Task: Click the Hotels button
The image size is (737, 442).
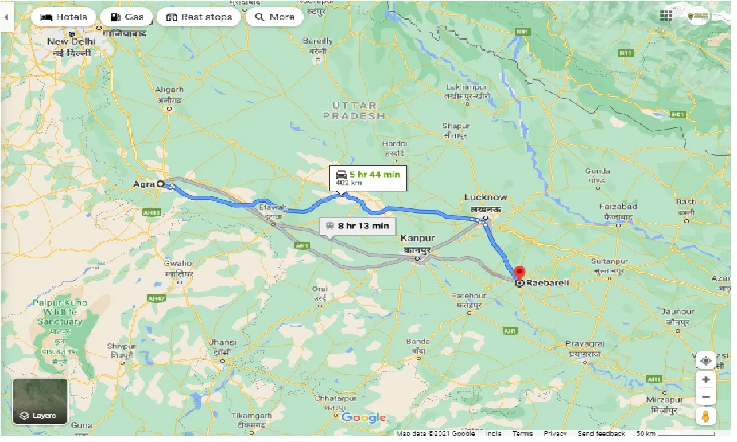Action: [x=63, y=17]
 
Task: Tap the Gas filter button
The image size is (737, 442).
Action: [x=126, y=17]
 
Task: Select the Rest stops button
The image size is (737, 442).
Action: [x=199, y=17]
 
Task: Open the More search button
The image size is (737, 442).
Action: [x=274, y=17]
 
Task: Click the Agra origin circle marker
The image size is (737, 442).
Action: [x=161, y=184]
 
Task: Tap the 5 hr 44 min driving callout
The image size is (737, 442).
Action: [x=368, y=177]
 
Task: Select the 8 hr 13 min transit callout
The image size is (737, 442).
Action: [x=357, y=226]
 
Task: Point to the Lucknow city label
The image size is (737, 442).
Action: [x=486, y=198]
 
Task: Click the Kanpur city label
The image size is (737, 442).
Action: [x=418, y=238]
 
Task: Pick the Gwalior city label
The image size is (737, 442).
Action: [x=179, y=263]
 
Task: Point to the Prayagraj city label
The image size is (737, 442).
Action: [x=585, y=343]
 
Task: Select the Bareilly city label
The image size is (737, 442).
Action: [x=317, y=41]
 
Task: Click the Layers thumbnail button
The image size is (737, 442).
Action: [x=40, y=401]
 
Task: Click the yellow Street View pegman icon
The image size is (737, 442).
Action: [x=705, y=416]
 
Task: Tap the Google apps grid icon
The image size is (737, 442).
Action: [x=666, y=16]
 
